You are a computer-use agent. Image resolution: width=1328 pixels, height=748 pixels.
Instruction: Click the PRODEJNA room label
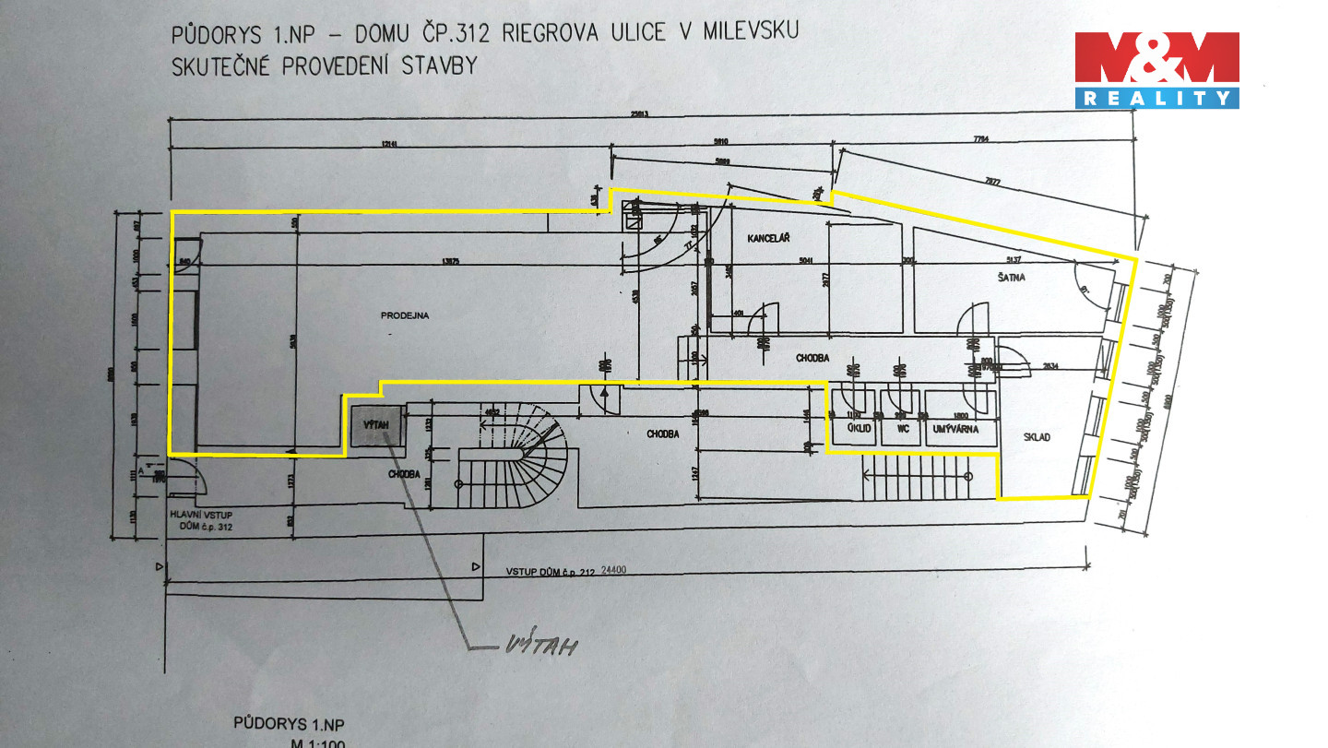point(406,315)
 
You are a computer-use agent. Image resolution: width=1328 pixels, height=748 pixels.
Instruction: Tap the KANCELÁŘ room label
point(770,238)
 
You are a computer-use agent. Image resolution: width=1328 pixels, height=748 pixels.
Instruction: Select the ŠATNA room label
point(1012,276)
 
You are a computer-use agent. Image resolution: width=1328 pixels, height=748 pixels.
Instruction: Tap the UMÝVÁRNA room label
point(955,429)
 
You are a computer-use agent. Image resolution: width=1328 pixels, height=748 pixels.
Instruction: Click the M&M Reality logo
point(1156,69)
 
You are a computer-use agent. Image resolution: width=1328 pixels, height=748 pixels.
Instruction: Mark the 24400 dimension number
point(613,570)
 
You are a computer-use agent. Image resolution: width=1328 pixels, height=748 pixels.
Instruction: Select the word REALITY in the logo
point(1156,98)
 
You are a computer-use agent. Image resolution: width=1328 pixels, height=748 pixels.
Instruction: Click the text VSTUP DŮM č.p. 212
point(549,572)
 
